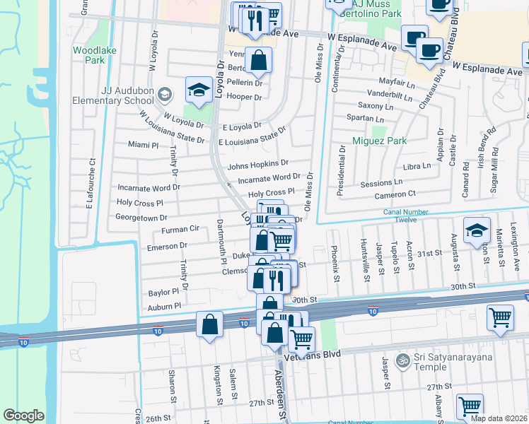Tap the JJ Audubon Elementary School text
pyautogui.click(x=113, y=95)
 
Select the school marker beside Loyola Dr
pyautogui.click(x=199, y=90)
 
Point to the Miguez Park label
pyautogui.click(x=379, y=141)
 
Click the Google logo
pyautogui.click(x=23, y=416)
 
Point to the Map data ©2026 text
pyautogui.click(x=499, y=418)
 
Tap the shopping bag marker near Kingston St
pyautogui.click(x=210, y=326)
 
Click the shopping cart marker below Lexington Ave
pyautogui.click(x=500, y=318)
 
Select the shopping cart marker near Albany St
pyautogui.click(x=470, y=407)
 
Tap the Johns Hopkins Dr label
pyautogui.click(x=258, y=165)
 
